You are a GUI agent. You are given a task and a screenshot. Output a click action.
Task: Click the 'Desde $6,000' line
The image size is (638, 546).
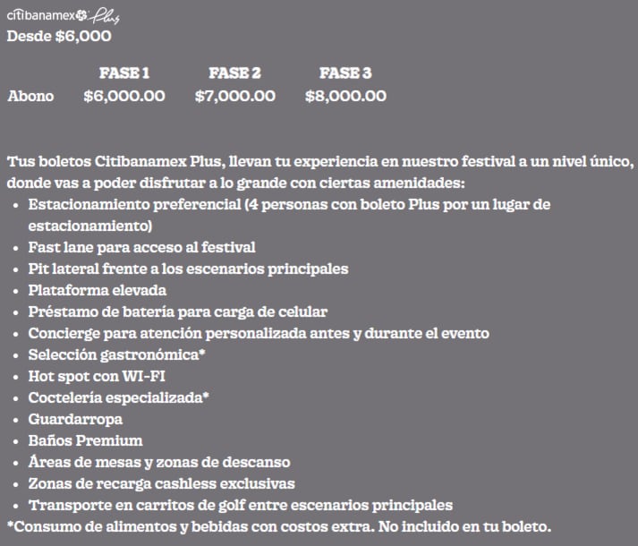59,37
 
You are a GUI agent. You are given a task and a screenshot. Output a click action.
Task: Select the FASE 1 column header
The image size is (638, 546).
123,73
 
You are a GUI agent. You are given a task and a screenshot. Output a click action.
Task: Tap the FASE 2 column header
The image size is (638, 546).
234,73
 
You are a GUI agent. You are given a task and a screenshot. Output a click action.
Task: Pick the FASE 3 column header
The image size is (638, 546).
345,73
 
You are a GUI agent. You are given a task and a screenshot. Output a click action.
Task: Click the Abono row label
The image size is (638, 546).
30,96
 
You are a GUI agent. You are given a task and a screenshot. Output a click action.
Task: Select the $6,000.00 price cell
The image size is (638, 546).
123,96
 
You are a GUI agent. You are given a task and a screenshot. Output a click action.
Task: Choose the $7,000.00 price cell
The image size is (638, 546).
234,96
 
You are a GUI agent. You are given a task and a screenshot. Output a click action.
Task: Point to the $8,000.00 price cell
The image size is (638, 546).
345,96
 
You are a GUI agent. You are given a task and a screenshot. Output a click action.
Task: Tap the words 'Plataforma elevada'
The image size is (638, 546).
97,290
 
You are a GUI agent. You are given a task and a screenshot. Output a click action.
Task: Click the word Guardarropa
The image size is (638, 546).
75,419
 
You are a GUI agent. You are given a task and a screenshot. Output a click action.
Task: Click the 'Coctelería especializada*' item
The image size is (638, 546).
118,397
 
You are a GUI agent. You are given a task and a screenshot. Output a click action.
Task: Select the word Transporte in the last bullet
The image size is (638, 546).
65,505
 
